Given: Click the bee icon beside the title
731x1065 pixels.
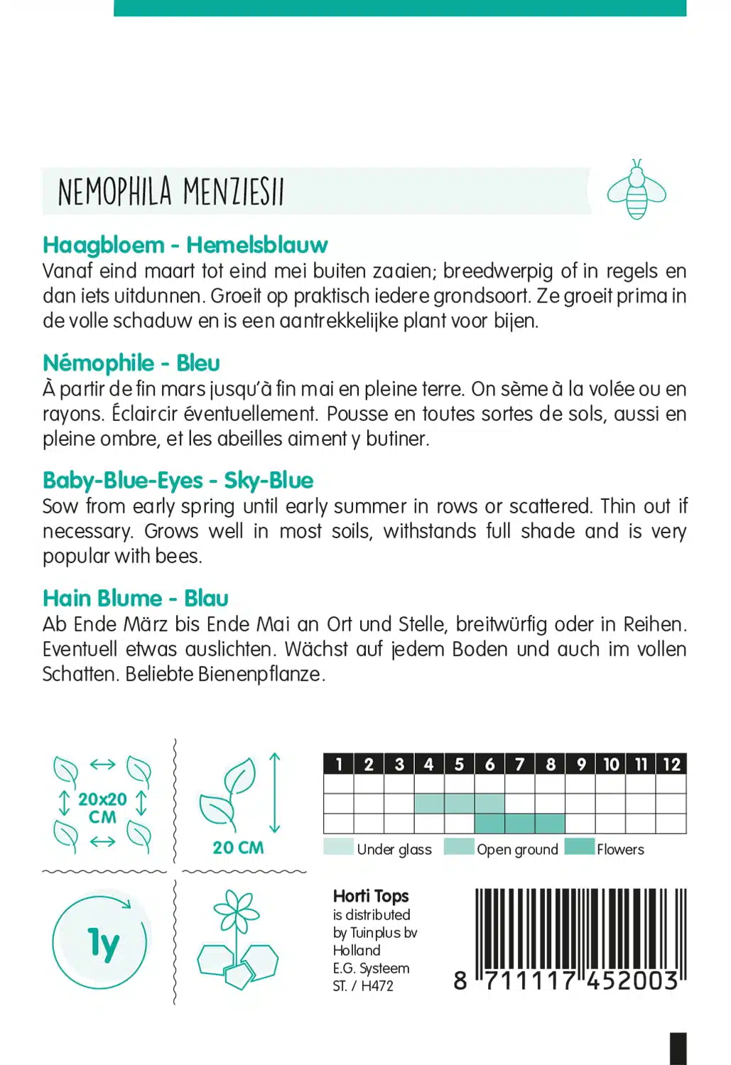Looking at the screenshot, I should click(636, 190).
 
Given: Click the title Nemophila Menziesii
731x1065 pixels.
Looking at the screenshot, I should click(170, 192).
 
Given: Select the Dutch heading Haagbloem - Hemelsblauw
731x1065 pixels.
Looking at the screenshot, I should click(185, 245).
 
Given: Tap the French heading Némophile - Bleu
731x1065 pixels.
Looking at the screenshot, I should click(131, 363).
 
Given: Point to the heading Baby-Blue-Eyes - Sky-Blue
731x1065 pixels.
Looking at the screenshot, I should click(178, 481).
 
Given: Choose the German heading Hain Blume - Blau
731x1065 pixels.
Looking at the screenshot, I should click(135, 599).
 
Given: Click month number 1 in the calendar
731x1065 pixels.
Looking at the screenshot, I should click(339, 764).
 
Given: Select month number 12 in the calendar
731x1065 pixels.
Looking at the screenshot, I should click(671, 764).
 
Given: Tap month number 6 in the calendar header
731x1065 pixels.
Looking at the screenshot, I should click(489, 764).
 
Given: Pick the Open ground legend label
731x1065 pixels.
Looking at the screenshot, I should click(517, 849).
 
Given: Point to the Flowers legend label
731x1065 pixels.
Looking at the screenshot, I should click(620, 849).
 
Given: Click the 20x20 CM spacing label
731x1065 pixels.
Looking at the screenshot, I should click(102, 808).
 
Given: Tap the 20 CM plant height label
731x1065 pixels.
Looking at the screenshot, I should click(238, 848).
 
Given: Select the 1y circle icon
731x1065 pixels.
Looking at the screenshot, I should click(100, 943).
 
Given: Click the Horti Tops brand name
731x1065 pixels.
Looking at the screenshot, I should click(371, 896).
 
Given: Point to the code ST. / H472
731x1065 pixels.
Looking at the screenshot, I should click(363, 985).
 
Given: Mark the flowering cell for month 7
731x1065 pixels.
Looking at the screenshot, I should click(520, 824).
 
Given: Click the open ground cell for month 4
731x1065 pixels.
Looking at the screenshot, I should click(429, 804).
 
